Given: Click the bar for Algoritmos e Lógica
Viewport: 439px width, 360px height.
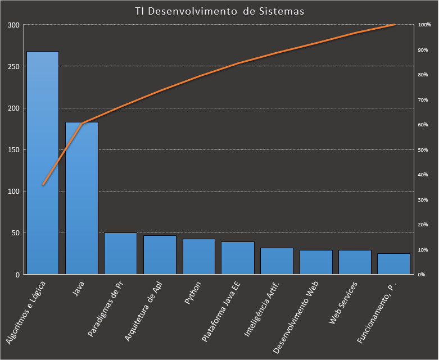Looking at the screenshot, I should (43, 163).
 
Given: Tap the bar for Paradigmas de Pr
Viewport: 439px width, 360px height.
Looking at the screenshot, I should (120, 253).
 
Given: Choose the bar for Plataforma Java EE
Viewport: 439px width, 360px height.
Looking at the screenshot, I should (237, 258).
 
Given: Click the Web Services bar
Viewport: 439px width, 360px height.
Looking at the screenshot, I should (354, 262).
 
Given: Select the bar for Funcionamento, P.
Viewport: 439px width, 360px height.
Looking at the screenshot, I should (393, 263).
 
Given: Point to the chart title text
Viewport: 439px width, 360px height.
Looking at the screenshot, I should (219, 12).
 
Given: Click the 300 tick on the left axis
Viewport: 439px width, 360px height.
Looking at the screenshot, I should (13, 25).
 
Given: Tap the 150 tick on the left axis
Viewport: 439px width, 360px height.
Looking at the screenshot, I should (13, 150).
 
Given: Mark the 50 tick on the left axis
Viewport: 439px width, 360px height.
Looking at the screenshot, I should (15, 233).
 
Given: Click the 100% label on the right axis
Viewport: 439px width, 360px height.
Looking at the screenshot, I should (424, 25).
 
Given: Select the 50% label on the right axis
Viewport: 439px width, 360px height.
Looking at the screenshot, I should (423, 150).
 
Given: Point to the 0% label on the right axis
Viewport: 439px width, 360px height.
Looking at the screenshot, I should (422, 275).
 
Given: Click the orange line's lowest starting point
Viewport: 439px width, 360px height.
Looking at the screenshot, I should (43, 184).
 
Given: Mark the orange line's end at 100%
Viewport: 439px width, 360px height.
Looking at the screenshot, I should (394, 25).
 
